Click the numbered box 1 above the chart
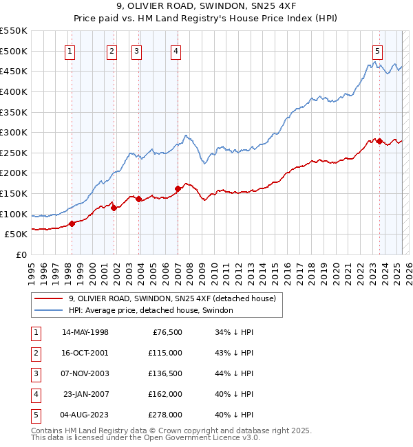tap(71, 50)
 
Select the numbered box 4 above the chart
tap(176, 50)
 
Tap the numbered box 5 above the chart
tap(378, 50)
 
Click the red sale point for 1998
tap(72, 223)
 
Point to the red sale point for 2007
tap(178, 188)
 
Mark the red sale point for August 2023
tap(379, 141)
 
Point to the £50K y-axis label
tap(16, 234)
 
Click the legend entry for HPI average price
tap(151, 310)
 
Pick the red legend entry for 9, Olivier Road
tap(172, 298)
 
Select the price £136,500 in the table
tap(166, 373)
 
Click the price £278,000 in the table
tap(166, 415)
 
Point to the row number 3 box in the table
tap(35, 373)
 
